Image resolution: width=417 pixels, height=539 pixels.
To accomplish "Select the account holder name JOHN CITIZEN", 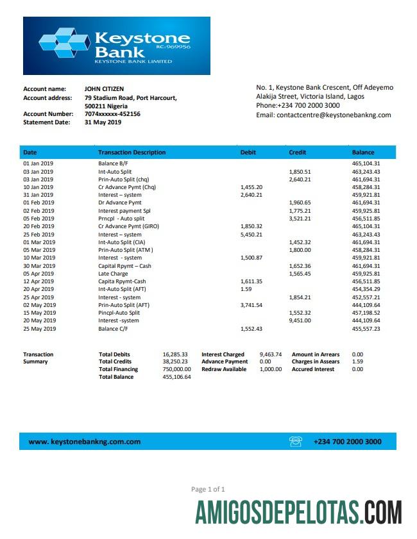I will [x=105, y=88].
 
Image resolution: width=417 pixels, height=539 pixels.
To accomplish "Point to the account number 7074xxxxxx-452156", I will [x=112, y=114].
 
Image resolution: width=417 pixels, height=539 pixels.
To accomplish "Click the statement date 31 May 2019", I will [x=103, y=122].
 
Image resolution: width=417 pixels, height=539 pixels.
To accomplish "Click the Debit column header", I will [x=248, y=153].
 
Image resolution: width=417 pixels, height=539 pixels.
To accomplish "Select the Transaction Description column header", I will [x=132, y=153].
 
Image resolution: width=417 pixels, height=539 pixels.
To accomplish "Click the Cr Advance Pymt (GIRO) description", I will [x=128, y=226].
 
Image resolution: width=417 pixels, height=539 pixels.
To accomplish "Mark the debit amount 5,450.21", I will [x=251, y=235].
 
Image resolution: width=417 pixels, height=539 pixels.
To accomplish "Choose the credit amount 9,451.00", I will [x=300, y=320].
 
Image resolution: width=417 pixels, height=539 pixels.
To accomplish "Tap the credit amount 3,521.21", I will [x=300, y=219].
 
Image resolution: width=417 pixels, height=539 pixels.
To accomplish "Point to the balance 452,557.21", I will [x=366, y=297].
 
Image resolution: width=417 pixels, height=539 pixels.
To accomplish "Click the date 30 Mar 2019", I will [x=39, y=266].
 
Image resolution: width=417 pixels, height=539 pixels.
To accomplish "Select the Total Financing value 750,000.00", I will [x=176, y=369].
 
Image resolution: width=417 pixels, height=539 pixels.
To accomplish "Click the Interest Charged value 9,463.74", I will [x=270, y=354].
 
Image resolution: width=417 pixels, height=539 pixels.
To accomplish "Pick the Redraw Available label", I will [x=224, y=369].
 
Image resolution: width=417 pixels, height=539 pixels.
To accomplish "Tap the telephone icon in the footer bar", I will [x=296, y=441].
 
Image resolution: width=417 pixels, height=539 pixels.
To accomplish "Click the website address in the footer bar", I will [x=85, y=442].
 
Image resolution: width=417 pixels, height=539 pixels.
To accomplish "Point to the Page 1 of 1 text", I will [x=208, y=489].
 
